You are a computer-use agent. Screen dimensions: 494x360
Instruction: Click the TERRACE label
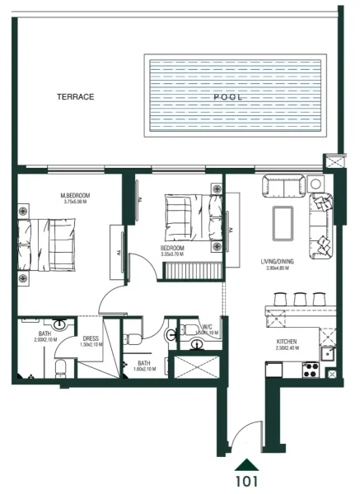pos(75,96)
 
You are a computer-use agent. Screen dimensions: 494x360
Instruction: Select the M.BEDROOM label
pos(75,195)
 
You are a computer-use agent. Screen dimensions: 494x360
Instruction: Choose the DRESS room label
pos(91,338)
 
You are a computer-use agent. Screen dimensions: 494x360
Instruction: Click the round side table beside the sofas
pos(316,184)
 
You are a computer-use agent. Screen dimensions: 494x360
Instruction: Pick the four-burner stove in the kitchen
pos(311,370)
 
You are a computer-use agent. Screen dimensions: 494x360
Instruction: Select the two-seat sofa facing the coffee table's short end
pos(283,187)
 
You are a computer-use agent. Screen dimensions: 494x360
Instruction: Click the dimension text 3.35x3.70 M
pos(172,254)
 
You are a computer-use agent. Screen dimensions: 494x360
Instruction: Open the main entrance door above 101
pos(243,436)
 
